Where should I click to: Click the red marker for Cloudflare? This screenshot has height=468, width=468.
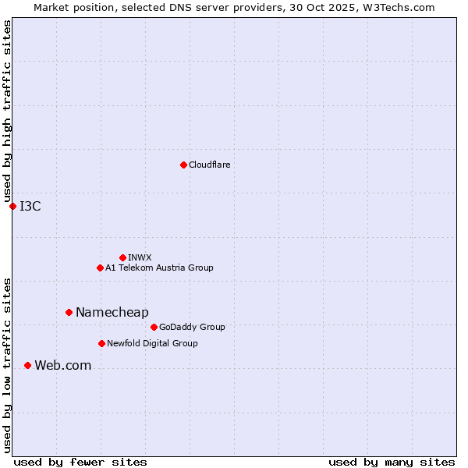pos(183,165)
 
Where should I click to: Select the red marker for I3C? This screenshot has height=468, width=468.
pos(12,206)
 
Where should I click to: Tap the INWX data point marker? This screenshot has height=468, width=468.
pos(122,257)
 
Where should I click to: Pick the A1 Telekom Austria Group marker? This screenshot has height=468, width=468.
pos(100,268)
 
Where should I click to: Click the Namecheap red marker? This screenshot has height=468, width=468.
pos(69,312)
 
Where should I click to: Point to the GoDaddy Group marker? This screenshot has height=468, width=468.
pos(154,327)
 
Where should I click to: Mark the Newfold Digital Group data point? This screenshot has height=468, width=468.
pos(101,343)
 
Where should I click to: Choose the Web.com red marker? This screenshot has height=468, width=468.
pos(27,365)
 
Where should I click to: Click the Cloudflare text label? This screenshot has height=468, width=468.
pos(210,165)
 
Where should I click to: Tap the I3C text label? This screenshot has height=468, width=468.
pos(30,206)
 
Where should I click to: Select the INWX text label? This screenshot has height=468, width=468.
pos(140,257)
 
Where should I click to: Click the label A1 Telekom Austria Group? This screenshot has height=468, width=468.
pos(159,268)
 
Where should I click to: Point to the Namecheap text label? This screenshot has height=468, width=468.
pos(112,312)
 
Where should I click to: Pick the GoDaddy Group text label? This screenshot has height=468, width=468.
pos(192,327)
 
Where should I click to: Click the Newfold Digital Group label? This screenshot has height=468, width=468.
pos(152,343)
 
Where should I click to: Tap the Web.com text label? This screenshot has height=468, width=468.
pos(63,365)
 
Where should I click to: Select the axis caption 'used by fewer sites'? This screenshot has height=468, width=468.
pos(80,462)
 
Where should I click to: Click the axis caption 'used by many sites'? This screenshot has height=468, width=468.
pos(392,462)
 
